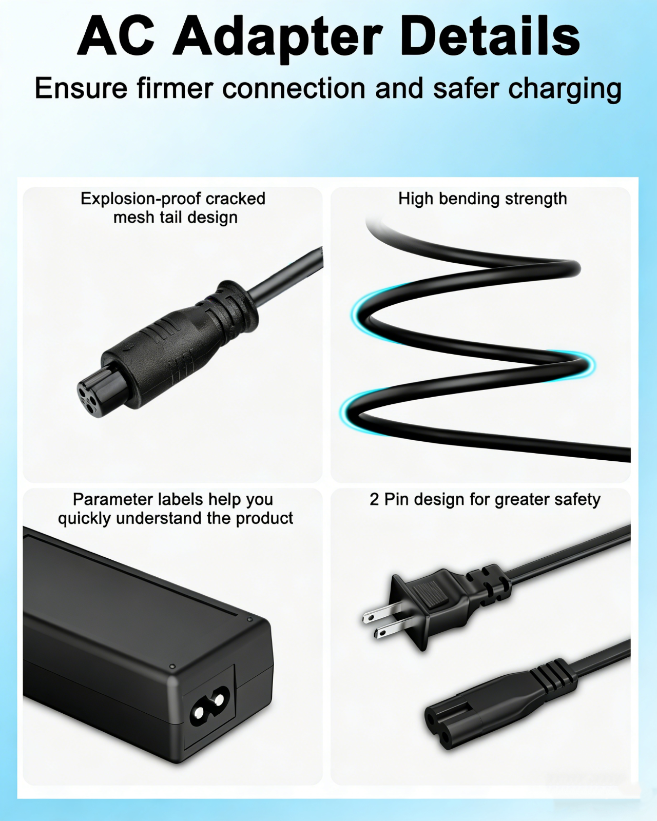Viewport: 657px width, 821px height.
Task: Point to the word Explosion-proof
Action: point(140,199)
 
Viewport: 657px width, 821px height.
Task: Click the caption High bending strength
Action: point(482,199)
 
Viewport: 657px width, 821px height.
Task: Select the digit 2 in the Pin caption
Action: point(374,500)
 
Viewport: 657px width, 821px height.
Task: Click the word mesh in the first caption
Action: point(132,218)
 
